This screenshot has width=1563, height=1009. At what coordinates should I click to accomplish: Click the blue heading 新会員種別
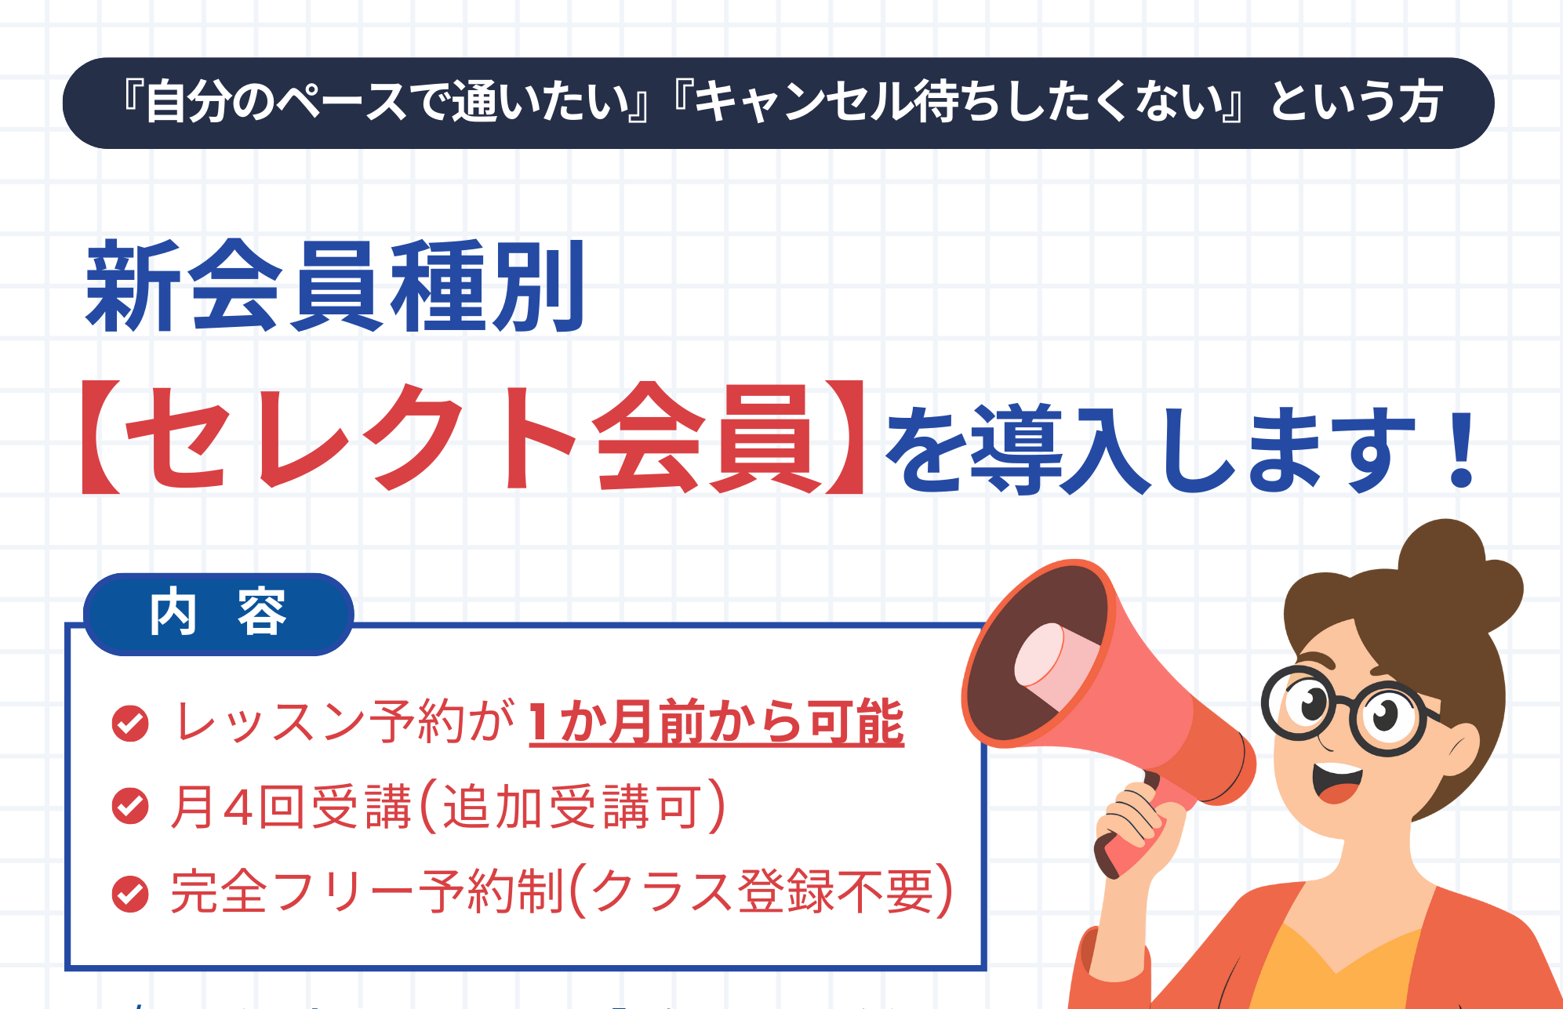pos(336,286)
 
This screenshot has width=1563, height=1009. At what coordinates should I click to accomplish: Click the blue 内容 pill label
pos(218,614)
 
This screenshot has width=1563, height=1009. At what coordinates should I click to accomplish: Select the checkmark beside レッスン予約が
pos(130,723)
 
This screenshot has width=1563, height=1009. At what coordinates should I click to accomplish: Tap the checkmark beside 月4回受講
pos(130,806)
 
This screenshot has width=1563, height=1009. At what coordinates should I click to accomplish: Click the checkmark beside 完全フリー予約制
pos(130,894)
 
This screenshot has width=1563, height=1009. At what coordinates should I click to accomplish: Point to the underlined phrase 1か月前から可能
pos(716,722)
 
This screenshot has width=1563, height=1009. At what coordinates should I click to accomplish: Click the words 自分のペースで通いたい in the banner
pos(387,103)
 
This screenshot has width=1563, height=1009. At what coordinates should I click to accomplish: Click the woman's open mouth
pos(1336,781)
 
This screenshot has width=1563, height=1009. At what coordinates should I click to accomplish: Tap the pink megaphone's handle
pos(1129,831)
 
